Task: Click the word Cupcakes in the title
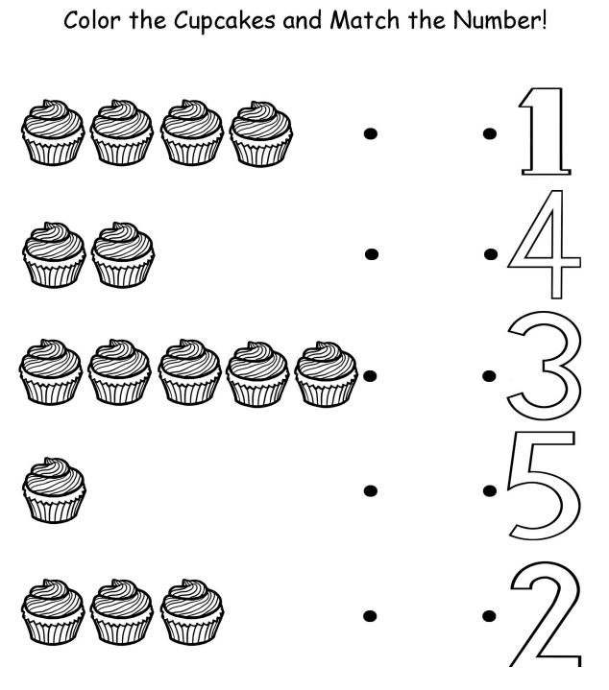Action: tap(225, 21)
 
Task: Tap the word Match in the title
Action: tap(365, 20)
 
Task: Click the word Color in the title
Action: tap(91, 20)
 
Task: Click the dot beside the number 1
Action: tap(490, 133)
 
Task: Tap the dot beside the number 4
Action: tap(491, 254)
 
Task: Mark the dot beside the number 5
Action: tap(490, 490)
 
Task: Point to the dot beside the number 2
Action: tap(489, 616)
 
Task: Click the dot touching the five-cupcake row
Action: tap(370, 376)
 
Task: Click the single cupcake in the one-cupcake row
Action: tap(54, 490)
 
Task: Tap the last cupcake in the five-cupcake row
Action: tap(326, 373)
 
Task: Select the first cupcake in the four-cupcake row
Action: tap(53, 132)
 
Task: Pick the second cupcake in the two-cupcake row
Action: tap(123, 254)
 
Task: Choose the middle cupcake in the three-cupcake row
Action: tap(122, 612)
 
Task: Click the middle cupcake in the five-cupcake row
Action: tap(189, 372)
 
